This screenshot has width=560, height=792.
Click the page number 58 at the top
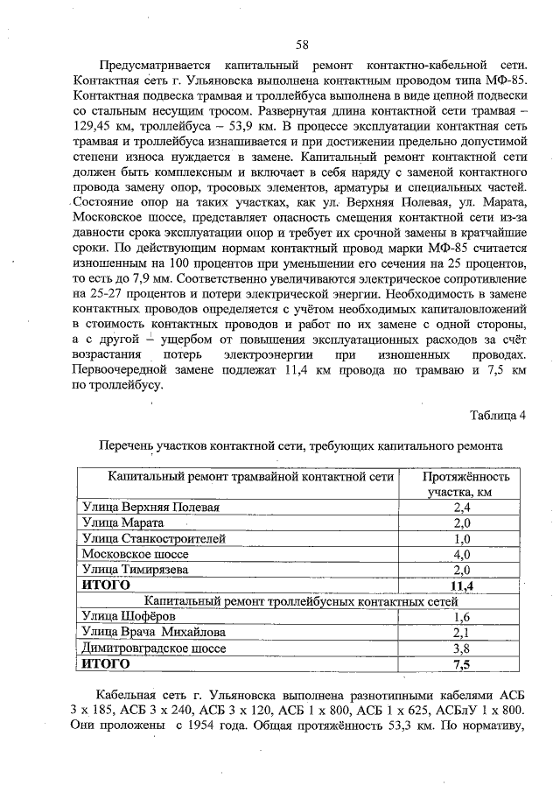click(301, 45)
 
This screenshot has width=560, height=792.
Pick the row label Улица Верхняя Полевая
click(150, 507)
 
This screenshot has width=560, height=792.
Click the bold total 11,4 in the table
click(461, 585)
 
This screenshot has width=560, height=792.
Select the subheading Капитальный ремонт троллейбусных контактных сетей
click(301, 601)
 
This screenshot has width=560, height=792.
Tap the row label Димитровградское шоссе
click(153, 648)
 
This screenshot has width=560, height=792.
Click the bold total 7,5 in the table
click(461, 664)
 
